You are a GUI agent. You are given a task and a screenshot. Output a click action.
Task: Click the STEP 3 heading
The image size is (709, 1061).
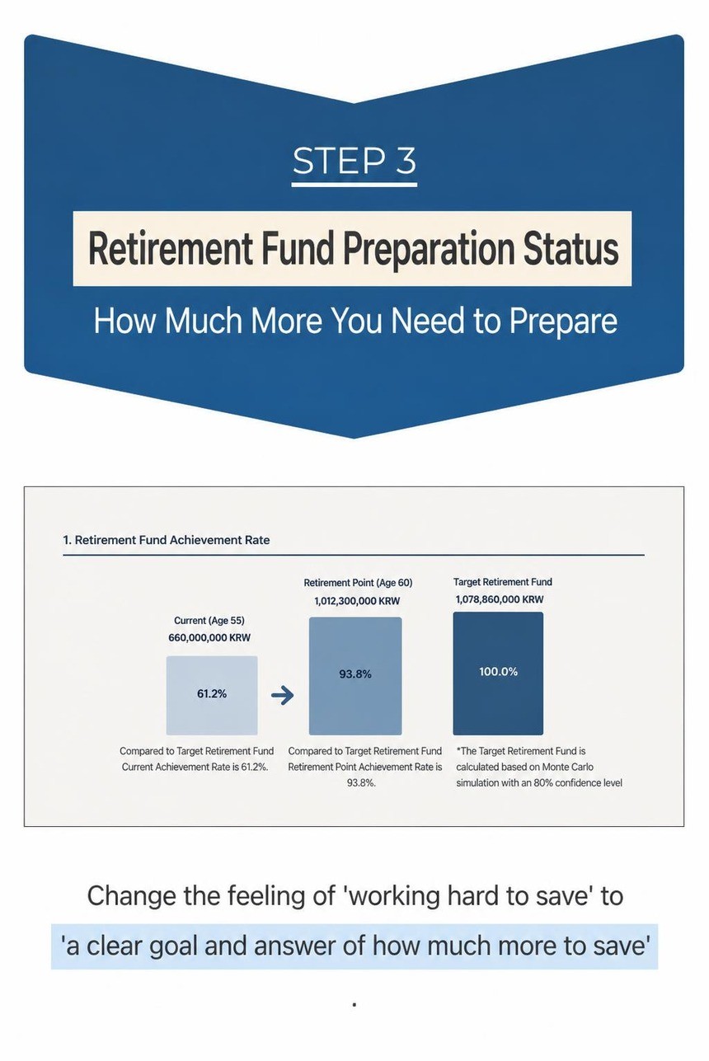pos(354,161)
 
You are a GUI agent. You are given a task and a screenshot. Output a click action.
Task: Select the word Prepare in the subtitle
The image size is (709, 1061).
pos(563,322)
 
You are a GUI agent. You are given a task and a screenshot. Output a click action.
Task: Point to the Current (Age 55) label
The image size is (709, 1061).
pos(209,621)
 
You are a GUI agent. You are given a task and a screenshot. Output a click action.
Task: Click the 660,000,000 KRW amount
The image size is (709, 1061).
pos(209,637)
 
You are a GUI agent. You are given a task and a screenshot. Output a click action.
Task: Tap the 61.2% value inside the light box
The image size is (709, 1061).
pos(212,694)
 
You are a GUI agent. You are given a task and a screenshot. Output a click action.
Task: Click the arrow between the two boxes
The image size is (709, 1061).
pos(282,695)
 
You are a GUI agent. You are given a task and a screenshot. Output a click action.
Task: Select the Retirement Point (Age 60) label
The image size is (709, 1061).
pos(358,583)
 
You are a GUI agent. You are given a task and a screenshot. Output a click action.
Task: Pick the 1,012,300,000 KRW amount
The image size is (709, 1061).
pos(357,601)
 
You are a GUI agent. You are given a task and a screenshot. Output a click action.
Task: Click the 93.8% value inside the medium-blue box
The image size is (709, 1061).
pos(355,674)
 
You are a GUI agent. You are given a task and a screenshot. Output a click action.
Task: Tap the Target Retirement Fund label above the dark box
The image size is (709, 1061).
pos(503,582)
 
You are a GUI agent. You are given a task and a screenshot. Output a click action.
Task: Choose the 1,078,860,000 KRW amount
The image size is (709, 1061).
pos(500,599)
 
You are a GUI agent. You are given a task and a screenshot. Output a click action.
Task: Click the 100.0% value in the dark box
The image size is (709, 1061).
pos(498,672)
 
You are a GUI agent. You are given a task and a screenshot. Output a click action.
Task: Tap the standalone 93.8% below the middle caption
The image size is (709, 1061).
pos(361,783)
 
